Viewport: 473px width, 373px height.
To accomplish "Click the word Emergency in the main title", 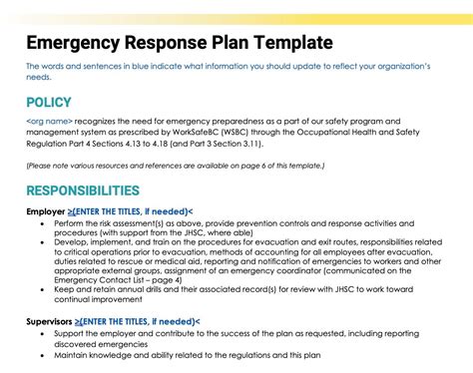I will click(74, 43).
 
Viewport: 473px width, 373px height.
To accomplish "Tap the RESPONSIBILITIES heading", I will click(97, 190).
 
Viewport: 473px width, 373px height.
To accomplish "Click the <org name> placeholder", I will click(48, 121).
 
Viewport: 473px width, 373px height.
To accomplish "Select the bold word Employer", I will click(46, 212).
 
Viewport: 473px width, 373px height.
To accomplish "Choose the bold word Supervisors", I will click(51, 322).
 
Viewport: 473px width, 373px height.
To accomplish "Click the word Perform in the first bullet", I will click(73, 224).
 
